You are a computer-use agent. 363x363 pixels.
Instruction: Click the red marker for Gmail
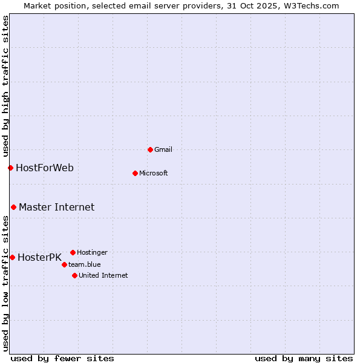150,149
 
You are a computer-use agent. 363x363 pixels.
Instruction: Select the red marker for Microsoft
135,173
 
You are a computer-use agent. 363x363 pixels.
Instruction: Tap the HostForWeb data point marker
10,168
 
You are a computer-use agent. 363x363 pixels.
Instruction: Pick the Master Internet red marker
13,207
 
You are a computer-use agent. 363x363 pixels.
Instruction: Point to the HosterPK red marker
12,257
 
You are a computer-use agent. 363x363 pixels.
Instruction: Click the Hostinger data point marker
73,252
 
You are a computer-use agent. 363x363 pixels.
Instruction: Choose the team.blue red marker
64,264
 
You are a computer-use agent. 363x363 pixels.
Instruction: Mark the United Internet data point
74,275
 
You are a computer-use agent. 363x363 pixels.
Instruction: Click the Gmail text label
163,149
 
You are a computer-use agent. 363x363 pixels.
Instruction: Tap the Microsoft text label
153,173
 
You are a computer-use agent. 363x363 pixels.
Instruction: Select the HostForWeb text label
45,168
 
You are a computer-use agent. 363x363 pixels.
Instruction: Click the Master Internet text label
56,207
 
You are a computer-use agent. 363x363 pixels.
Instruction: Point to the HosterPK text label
39,257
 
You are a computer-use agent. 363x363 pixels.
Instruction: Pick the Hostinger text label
92,252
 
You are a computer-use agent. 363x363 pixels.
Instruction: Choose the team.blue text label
84,264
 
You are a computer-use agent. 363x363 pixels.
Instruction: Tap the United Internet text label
103,275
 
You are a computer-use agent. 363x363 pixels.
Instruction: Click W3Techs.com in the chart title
309,5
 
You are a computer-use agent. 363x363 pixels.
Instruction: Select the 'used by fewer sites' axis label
62,358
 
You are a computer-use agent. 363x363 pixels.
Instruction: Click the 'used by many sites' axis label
304,358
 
